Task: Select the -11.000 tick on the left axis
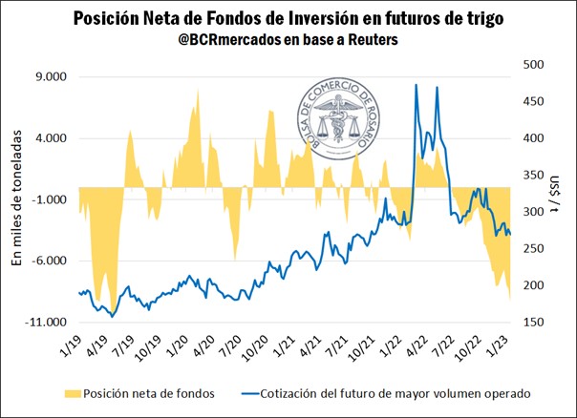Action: pyautogui.click(x=49, y=323)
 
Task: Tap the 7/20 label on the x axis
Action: pyautogui.click(x=228, y=347)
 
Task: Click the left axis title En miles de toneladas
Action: pyautogui.click(x=16, y=202)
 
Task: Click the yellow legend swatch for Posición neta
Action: pyautogui.click(x=66, y=392)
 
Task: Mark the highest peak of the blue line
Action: pyautogui.click(x=416, y=85)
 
